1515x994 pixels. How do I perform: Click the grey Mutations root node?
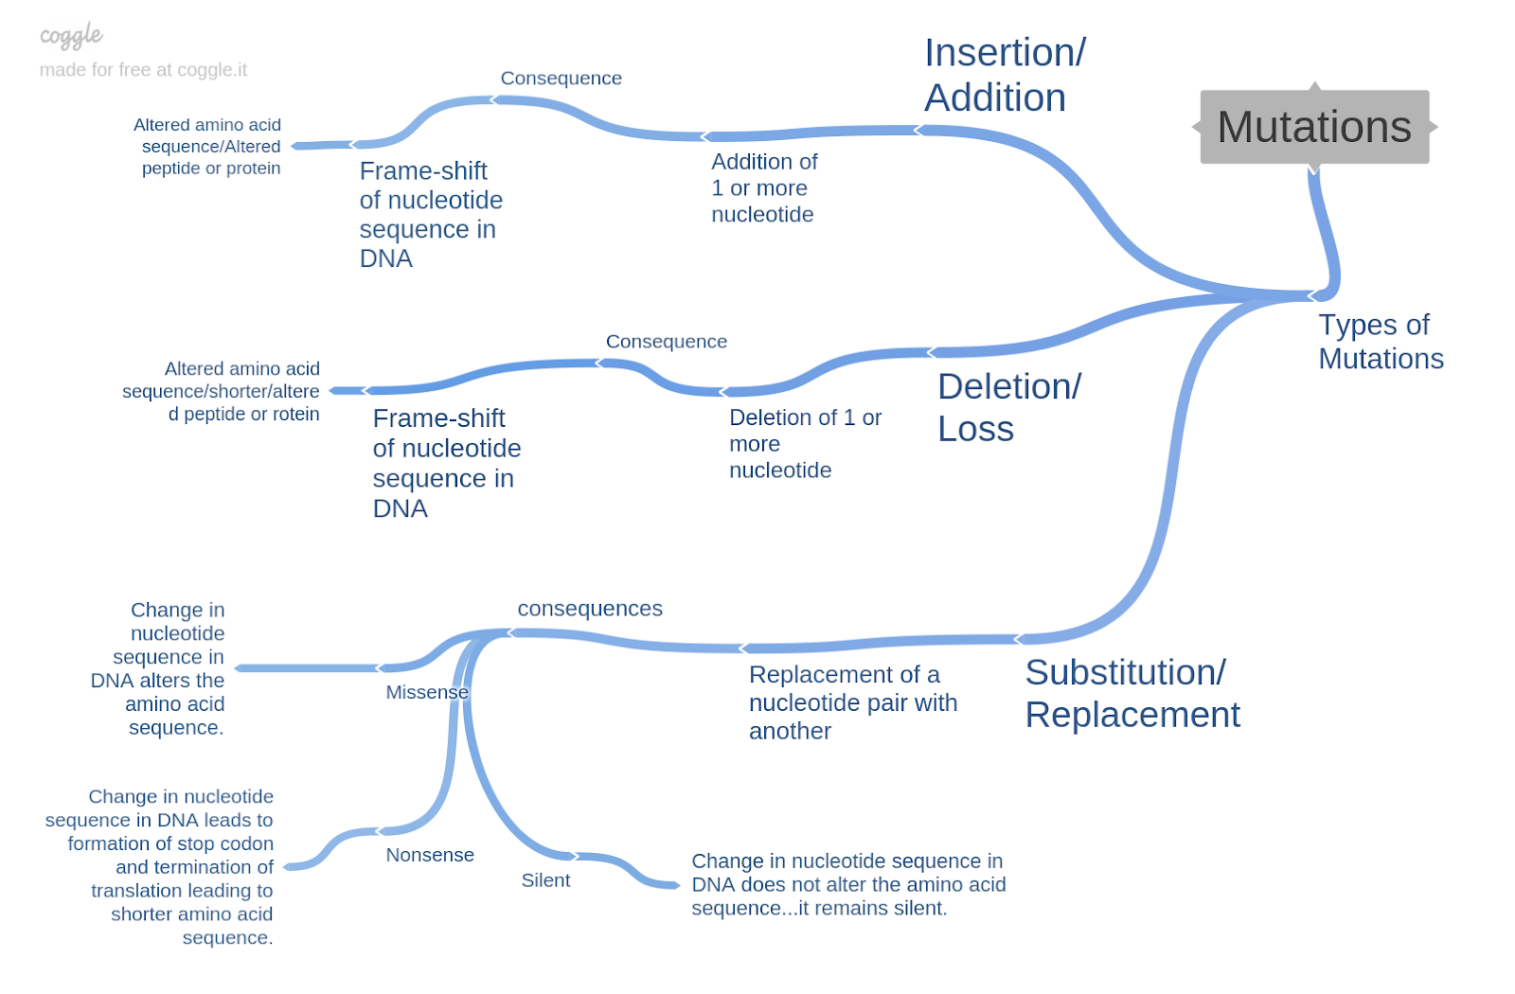click(1313, 127)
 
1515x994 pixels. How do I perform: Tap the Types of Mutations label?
click(1380, 342)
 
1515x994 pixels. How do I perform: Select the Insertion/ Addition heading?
click(1004, 76)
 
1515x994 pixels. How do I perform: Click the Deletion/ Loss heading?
click(1008, 407)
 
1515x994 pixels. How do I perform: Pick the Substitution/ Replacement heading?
click(1132, 693)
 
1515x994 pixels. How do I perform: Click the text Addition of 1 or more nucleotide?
click(763, 188)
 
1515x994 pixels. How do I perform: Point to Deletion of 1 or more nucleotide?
click(804, 444)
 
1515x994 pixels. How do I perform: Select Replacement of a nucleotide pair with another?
click(852, 702)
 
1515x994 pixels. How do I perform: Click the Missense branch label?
click(426, 692)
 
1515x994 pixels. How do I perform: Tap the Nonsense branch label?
click(429, 855)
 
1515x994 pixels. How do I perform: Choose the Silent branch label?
click(545, 880)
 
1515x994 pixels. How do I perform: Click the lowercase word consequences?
click(589, 609)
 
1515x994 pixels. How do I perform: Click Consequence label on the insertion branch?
click(561, 79)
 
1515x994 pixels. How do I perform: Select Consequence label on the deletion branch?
click(666, 342)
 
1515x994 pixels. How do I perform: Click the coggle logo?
click(71, 36)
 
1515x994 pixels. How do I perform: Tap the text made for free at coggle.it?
click(143, 70)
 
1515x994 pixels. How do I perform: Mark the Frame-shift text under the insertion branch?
click(430, 215)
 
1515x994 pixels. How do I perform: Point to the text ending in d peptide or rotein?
click(222, 391)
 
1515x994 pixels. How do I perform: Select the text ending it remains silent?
click(847, 884)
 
